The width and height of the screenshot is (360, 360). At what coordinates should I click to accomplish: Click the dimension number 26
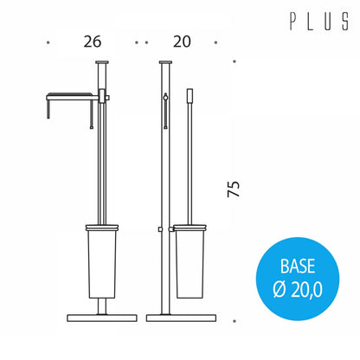coord(93,42)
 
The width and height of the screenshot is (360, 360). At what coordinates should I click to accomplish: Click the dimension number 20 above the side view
coord(182,42)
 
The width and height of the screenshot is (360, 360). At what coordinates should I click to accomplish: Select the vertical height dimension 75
coord(234,190)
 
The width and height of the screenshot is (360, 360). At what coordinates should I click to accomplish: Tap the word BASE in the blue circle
coord(298,267)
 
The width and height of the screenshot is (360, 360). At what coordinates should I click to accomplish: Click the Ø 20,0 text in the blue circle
coord(298,289)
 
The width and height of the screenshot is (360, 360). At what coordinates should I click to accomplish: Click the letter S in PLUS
coord(345,21)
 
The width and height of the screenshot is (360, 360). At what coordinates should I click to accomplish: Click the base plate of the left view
coord(102,318)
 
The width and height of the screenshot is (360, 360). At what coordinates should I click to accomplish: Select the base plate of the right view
coord(181,318)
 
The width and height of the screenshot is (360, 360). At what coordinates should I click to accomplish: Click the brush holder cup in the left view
coord(101,261)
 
